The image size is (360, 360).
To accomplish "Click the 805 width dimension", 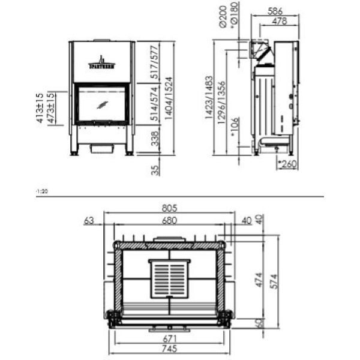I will [x=169, y=208].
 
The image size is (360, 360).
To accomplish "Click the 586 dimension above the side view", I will [x=274, y=11].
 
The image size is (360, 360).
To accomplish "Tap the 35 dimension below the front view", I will [x=155, y=170].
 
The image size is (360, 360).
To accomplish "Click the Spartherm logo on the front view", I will [x=101, y=62].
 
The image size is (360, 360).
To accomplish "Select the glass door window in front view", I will [x=101, y=104].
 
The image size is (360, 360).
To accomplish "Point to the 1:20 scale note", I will [x=41, y=191].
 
